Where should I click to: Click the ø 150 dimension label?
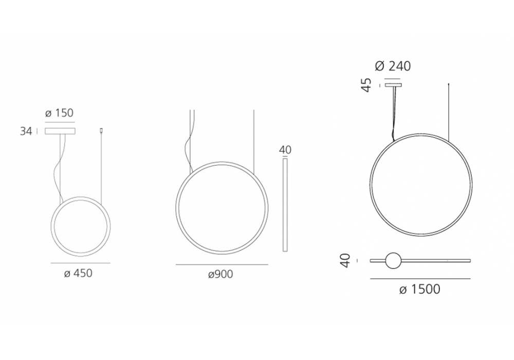coord(59,113)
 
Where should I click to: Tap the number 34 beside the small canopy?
coord(26,131)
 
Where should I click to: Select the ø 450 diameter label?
coord(78,273)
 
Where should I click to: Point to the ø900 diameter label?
coord(221,274)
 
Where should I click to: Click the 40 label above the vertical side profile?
coord(285,150)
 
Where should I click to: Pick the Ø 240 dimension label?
coord(393,66)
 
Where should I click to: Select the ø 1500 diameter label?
coord(420,290)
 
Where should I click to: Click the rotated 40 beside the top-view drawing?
coord(346,261)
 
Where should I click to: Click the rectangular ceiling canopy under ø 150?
coord(60,131)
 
